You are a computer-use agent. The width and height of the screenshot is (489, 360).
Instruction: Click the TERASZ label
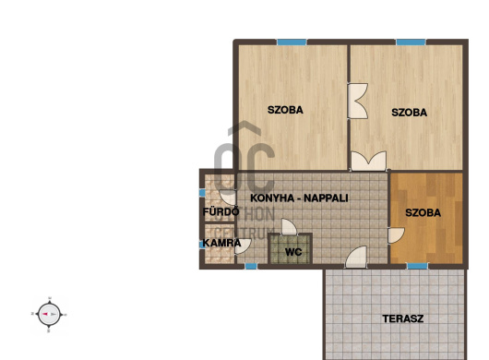(x=403, y=318)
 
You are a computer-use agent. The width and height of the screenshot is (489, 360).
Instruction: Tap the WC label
(x=293, y=252)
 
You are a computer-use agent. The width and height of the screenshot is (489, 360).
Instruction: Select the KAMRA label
(x=221, y=243)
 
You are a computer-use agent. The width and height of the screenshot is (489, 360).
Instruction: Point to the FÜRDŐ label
(x=221, y=211)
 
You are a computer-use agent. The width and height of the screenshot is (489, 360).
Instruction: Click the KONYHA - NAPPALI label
(x=299, y=198)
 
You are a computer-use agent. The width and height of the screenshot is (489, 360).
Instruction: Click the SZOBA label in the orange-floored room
(x=423, y=212)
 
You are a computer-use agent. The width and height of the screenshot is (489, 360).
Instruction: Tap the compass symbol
(x=49, y=314)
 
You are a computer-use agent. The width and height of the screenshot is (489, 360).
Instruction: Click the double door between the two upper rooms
(x=358, y=101)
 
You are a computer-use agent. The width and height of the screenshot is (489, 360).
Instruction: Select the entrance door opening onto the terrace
(x=356, y=258)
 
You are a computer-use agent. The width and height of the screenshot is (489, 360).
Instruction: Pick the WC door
(x=289, y=227)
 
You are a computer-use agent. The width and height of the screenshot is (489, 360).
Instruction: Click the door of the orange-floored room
(x=396, y=235)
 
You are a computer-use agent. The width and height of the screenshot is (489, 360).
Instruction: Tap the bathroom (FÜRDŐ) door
(x=228, y=198)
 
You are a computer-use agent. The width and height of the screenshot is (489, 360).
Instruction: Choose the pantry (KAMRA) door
(x=243, y=246)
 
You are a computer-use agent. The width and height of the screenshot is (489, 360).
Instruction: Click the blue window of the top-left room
(x=292, y=42)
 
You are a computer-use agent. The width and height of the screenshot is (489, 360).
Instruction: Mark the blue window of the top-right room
(x=411, y=42)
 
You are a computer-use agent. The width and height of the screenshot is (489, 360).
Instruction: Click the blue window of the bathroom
(x=202, y=193)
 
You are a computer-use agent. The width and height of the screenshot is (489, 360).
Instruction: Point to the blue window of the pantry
(x=202, y=244)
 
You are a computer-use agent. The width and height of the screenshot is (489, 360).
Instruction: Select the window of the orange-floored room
(x=418, y=266)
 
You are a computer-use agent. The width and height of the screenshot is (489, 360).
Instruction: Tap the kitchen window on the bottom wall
(x=251, y=266)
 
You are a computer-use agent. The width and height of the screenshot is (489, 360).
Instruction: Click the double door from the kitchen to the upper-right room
(x=369, y=161)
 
